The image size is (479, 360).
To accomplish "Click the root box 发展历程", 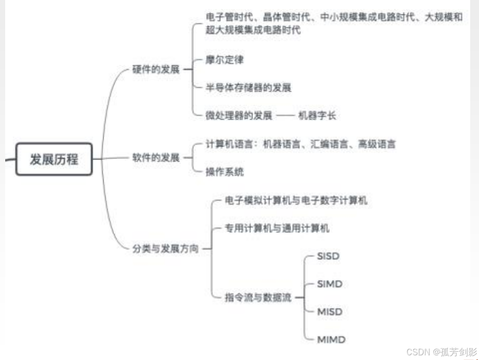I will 54,160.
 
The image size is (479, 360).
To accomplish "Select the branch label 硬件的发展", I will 156,69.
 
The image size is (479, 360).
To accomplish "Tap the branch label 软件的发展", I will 156,157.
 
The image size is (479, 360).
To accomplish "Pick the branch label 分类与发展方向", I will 165,248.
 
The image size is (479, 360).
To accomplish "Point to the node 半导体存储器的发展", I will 248,88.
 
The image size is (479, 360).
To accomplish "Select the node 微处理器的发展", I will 238,116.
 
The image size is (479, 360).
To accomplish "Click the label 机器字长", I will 317,116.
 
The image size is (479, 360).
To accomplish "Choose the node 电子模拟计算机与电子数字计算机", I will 296,200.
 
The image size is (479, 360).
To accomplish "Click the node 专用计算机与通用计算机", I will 277,228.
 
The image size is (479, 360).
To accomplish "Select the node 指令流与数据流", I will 258,297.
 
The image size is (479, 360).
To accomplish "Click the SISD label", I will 328,256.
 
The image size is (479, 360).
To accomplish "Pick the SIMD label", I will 329,284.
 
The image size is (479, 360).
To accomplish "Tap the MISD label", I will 329,312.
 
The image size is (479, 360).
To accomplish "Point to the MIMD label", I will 330,340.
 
